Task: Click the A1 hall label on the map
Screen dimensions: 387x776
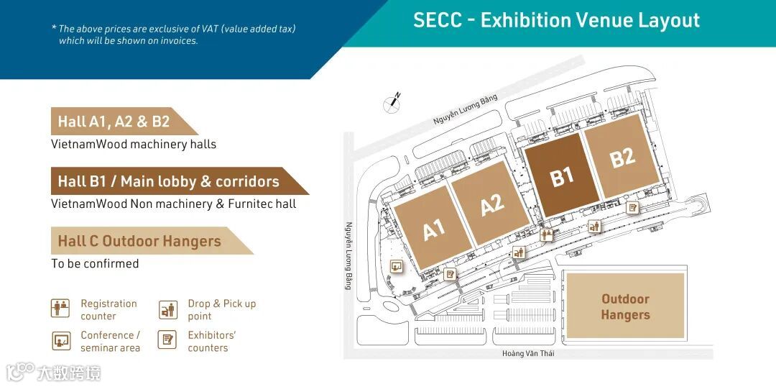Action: (433, 230)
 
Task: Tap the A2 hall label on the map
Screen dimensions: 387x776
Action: (492, 205)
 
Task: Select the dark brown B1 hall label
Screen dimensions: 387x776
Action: (562, 176)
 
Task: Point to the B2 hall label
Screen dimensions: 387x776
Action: (622, 157)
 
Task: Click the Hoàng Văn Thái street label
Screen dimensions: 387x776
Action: (528, 353)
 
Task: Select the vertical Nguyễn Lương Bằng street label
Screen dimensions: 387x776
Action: (348, 255)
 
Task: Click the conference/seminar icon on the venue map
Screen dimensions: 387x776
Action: (395, 266)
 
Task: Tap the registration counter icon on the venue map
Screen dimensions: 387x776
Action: (546, 234)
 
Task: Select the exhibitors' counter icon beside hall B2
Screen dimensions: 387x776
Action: (632, 208)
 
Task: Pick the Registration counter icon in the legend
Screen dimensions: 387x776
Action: (61, 309)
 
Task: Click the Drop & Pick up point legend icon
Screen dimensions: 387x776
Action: (167, 309)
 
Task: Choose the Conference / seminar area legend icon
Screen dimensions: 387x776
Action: (61, 341)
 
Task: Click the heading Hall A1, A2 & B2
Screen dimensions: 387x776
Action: (114, 122)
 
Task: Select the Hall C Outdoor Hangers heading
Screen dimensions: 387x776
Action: (139, 241)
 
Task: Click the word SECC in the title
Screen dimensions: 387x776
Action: (438, 20)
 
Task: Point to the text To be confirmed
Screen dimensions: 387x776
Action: (95, 264)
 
